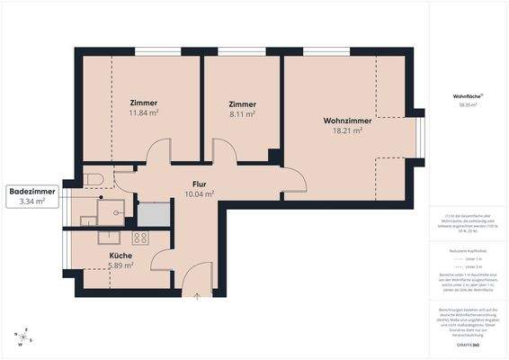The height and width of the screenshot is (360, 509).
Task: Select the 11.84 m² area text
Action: click(x=144, y=113)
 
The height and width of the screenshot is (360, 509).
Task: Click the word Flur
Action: click(x=199, y=184)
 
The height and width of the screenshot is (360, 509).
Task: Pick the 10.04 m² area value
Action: click(x=199, y=193)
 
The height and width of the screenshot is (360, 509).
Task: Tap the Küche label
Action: click(x=121, y=256)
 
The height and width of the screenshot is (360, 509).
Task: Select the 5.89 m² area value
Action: click(x=121, y=265)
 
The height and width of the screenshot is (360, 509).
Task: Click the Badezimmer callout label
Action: click(x=32, y=192)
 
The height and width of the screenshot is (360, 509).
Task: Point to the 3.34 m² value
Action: click(x=32, y=202)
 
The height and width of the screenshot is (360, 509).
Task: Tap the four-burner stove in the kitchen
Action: click(x=140, y=238)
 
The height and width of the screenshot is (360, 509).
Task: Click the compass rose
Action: click(x=24, y=336)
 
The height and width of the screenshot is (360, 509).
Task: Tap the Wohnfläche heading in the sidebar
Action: click(x=467, y=95)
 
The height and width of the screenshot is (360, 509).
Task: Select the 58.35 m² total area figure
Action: click(x=467, y=105)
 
